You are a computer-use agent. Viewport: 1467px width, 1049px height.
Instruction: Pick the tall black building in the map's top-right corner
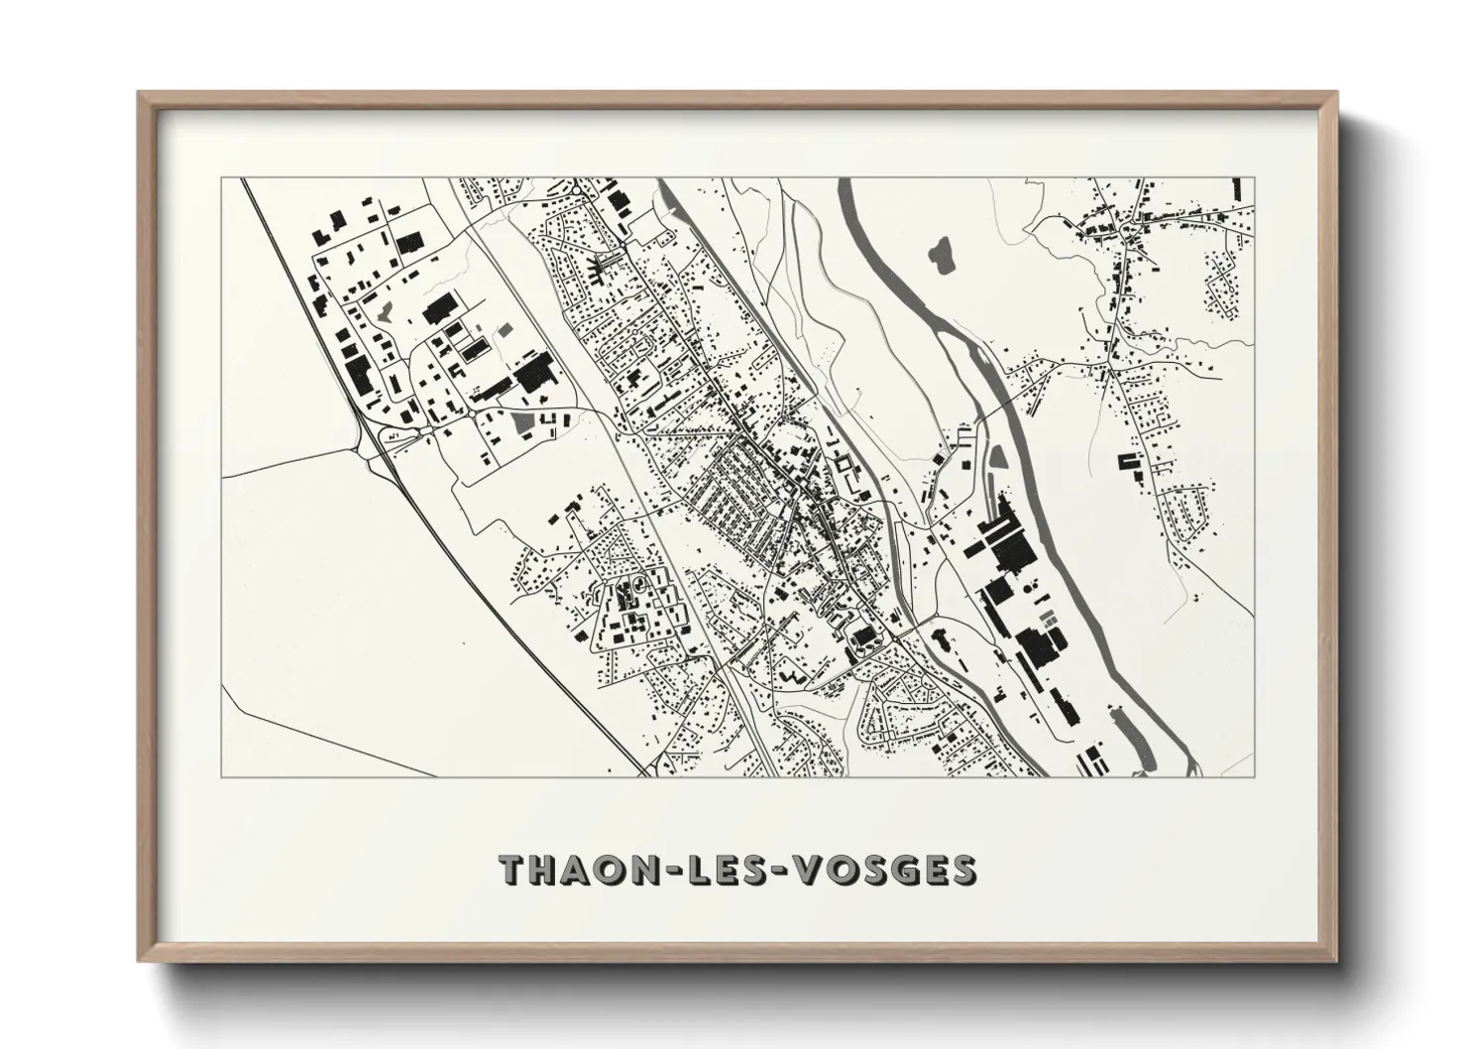(1236, 188)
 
